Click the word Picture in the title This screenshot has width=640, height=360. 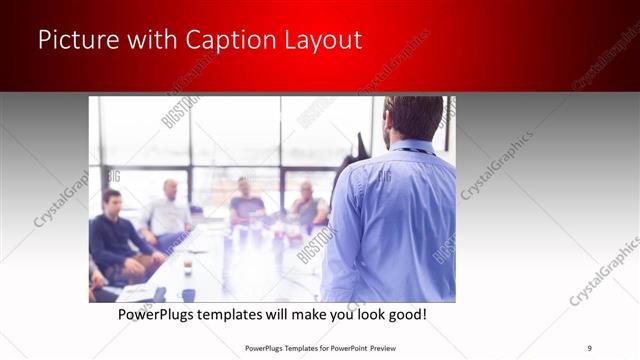pyautogui.click(x=74, y=40)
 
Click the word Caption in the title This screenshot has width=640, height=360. pyautogui.click(x=218, y=40)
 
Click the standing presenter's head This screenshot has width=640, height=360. pyautogui.click(x=411, y=117)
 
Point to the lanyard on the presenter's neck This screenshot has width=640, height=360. pyautogui.click(x=411, y=149)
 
